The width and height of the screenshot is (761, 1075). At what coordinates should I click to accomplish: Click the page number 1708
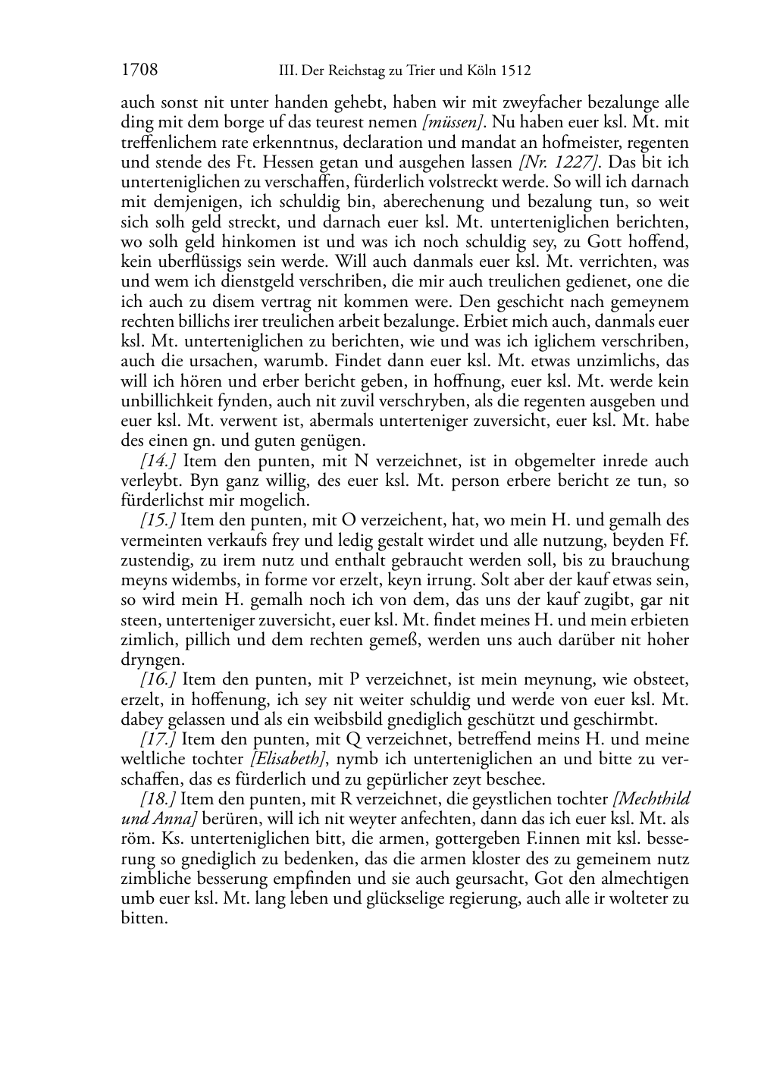[x=139, y=71]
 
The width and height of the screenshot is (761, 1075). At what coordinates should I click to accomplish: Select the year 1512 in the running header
[x=515, y=71]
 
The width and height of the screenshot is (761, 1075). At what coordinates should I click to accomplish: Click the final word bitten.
[x=143, y=918]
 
